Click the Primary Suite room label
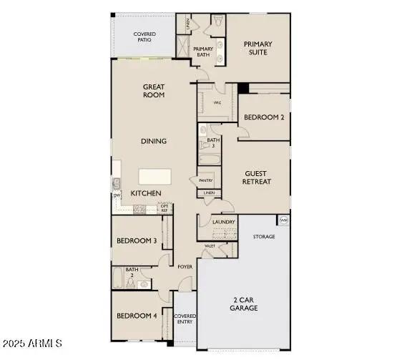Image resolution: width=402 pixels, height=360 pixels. point(258,49)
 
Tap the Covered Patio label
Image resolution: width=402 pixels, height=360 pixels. point(145,38)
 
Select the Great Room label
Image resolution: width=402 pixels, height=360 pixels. point(153,90)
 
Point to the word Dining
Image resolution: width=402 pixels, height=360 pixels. point(153,141)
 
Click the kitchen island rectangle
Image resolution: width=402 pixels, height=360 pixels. point(155,177)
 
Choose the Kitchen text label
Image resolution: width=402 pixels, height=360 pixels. point(145,193)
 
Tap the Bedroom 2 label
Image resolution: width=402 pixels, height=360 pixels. point(264,117)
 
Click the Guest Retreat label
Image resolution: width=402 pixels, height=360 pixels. point(258,177)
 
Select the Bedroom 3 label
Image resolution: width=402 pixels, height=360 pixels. point(136,240)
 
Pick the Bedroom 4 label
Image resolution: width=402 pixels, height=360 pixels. point(136,316)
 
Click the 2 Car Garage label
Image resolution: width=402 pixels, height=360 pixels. point(244,303)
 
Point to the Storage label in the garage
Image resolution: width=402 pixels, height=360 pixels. point(264,236)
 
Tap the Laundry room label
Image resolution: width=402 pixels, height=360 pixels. point(224,223)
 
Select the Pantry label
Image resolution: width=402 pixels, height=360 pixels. point(205,180)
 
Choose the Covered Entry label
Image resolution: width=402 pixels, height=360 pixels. point(185,319)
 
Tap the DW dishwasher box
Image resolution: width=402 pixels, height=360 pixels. point(116,195)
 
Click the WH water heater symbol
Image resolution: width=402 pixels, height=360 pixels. point(284,220)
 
